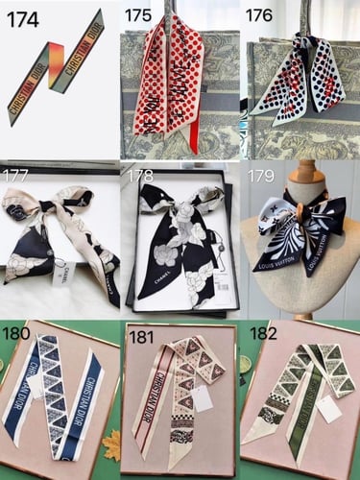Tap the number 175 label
click(x=139, y=15)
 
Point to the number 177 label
click(x=15, y=176)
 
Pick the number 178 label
click(x=140, y=176)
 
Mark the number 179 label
click(x=260, y=176)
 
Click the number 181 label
click(x=140, y=335)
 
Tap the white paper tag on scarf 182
click(x=330, y=409)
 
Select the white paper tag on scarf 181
click(x=203, y=398)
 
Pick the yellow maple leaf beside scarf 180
click(x=110, y=444)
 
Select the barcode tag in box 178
click(x=220, y=288)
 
